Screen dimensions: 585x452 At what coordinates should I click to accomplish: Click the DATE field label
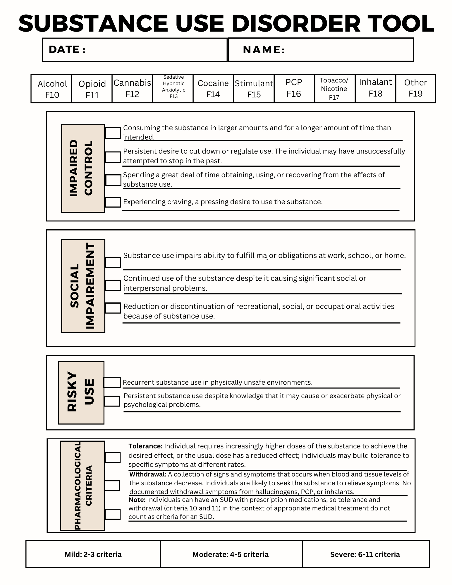(67, 49)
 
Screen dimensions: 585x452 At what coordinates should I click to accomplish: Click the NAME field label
(264, 50)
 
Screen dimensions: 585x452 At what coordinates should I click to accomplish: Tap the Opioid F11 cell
(92, 89)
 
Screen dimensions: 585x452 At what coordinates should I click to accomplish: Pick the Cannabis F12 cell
(132, 88)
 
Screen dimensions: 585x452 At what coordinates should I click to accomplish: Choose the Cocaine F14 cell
(213, 88)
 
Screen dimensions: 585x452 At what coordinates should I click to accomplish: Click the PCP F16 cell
(294, 88)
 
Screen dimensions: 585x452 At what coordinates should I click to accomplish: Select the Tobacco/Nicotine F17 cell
(334, 89)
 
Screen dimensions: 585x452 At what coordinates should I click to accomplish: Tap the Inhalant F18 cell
(375, 88)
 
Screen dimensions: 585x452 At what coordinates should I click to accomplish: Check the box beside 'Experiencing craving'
(113, 202)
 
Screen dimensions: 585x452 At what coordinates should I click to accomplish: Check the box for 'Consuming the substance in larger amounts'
(113, 133)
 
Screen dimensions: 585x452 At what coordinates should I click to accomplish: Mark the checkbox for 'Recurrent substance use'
(112, 382)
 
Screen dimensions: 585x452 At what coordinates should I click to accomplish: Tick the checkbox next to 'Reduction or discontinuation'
(113, 308)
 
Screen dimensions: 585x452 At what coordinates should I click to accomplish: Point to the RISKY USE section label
(81, 393)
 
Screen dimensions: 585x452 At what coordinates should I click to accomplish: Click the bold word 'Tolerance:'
(145, 446)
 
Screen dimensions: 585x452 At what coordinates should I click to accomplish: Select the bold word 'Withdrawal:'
(148, 474)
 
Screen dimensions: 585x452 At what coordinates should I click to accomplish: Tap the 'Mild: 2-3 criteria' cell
(93, 554)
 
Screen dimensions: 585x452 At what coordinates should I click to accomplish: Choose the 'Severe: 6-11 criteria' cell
(365, 554)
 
